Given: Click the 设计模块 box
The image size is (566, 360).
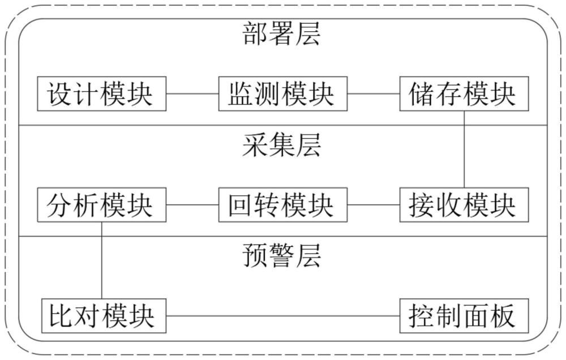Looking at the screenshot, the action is tap(102, 93).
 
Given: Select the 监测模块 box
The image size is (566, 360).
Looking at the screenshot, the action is tap(282, 93).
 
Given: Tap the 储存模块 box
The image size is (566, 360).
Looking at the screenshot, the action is tap(464, 93).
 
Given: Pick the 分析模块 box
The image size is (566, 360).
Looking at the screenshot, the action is tap(102, 205).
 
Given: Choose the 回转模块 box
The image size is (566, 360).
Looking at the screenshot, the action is tap(282, 205).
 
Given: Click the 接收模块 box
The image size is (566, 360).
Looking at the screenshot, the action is tap(464, 205).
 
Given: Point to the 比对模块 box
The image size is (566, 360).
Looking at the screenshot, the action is tap(104, 316).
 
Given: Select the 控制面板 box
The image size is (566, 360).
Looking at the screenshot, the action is tap(464, 316).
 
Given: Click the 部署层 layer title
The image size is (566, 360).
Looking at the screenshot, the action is tap(281, 33).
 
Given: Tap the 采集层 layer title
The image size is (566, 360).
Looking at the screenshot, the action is tap(281, 145).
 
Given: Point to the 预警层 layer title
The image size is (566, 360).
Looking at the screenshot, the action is tap(281, 256).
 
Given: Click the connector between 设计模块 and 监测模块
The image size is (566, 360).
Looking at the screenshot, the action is tap(192, 94).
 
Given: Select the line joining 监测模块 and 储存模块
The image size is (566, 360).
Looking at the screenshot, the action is tap(374, 94).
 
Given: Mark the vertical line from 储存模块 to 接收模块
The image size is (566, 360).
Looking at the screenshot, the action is tap(464, 149).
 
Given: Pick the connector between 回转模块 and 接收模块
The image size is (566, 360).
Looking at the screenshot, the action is tap(374, 205).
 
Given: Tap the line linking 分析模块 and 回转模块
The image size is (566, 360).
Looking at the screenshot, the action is tap(192, 205).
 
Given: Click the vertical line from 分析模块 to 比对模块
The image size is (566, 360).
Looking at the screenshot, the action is tap(102, 260).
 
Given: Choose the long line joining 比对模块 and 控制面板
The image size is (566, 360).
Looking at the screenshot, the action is tap(283, 316).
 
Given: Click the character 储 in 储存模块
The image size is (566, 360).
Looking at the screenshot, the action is tap(422, 94).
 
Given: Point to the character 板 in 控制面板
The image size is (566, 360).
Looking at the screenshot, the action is tap(503, 316).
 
